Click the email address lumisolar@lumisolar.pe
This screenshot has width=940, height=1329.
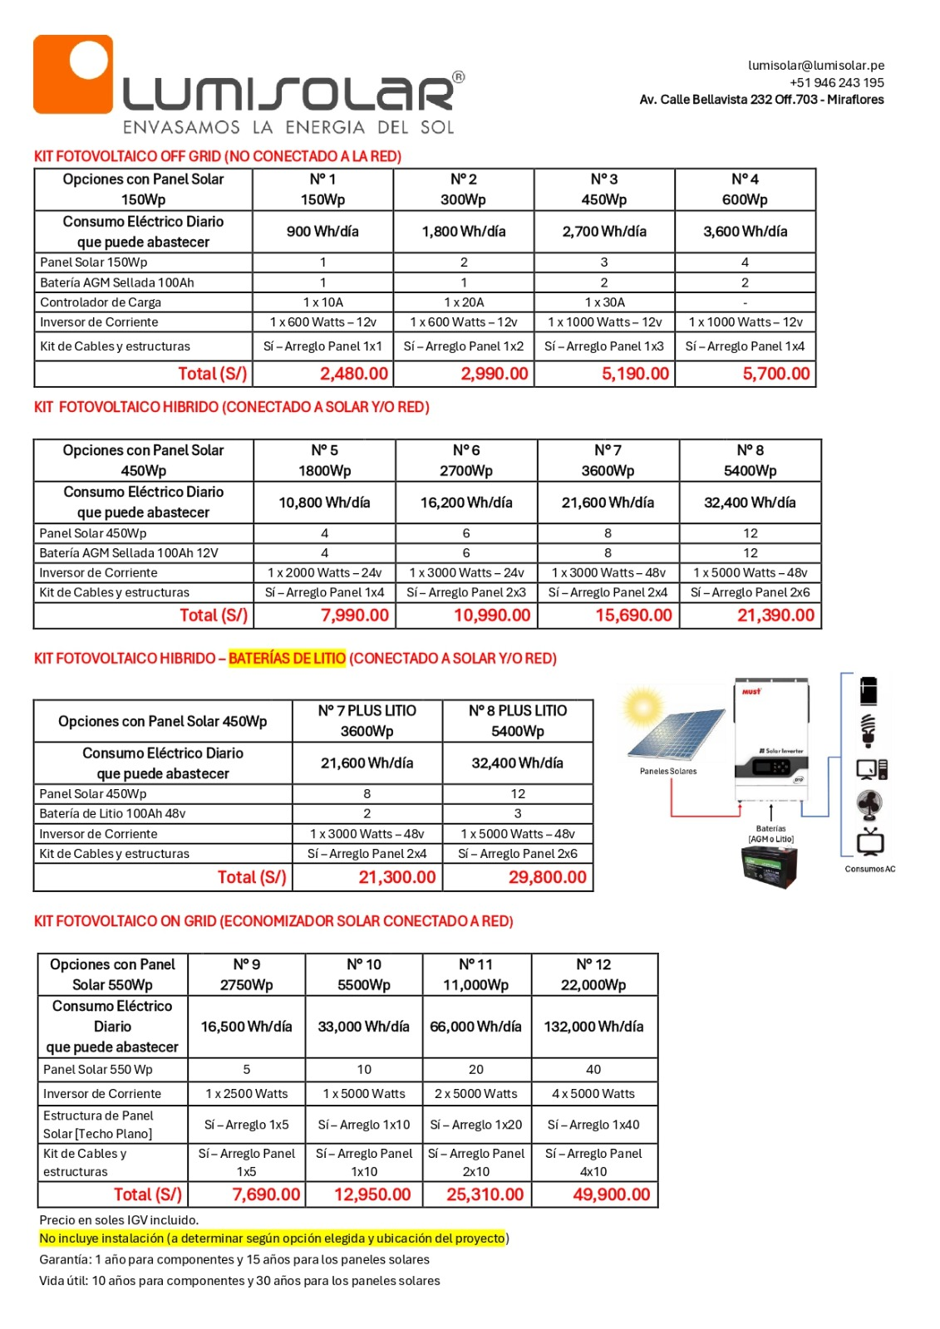click(x=815, y=66)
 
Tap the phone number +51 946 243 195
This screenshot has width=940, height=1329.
click(x=836, y=83)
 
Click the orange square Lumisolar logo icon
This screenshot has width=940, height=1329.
click(x=73, y=74)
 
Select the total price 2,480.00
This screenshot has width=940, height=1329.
click(x=353, y=374)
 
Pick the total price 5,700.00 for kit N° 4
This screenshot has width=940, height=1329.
click(x=775, y=374)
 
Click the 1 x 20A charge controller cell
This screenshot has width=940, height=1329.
click(x=464, y=302)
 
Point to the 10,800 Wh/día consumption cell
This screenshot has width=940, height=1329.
click(x=324, y=503)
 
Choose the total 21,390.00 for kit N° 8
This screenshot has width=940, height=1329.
click(x=775, y=615)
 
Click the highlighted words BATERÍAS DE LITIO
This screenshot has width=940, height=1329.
click(x=287, y=659)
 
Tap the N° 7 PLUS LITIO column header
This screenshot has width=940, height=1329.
click(x=367, y=720)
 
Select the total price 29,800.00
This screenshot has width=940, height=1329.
click(x=547, y=877)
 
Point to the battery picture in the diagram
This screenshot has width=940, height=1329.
click(x=769, y=866)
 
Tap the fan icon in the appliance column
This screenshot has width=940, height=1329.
click(x=869, y=804)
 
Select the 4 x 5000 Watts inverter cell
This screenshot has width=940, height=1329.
click(x=593, y=1094)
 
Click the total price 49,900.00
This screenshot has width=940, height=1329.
click(x=611, y=1194)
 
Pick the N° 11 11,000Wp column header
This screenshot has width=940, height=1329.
click(x=476, y=974)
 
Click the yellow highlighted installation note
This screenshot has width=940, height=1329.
click(x=273, y=1238)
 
